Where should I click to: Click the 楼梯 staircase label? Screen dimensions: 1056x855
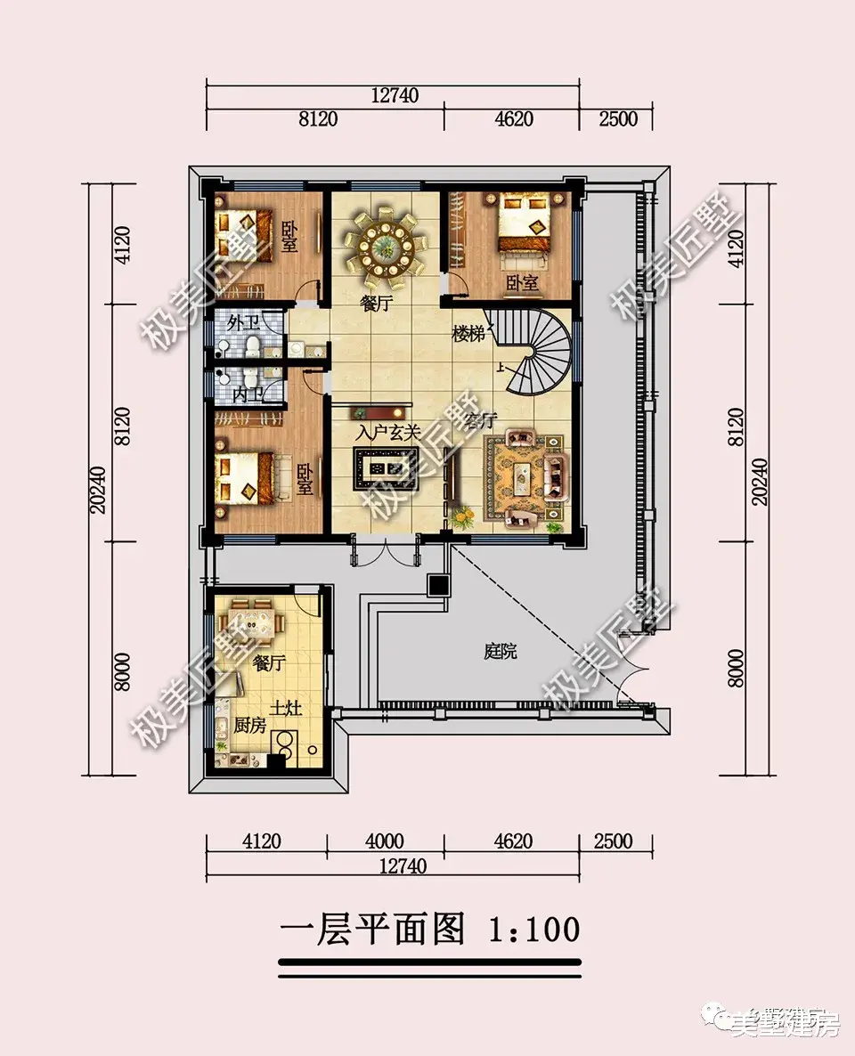[468, 334]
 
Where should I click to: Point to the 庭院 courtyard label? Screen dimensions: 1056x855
[500, 652]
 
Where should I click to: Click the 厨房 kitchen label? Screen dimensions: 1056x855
[250, 725]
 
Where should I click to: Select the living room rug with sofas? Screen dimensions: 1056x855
[525, 479]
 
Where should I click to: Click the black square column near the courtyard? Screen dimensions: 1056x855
[438, 585]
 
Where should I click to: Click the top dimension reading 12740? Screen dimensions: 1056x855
[392, 94]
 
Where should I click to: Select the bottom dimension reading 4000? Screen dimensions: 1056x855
[385, 841]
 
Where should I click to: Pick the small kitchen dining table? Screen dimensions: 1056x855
[252, 621]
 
